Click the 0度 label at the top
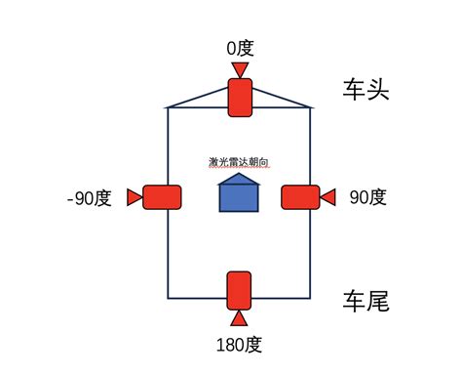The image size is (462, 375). (x=239, y=48)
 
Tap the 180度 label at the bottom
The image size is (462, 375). (x=239, y=344)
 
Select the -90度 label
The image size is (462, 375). (x=90, y=197)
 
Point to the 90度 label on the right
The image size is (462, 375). (x=367, y=197)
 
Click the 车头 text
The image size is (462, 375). (x=366, y=91)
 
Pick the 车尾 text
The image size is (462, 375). (x=366, y=301)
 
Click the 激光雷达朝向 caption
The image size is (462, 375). (x=239, y=161)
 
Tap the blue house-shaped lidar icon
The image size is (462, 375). (x=239, y=194)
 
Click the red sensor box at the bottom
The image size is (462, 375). (x=239, y=291)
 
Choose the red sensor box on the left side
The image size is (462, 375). (x=163, y=197)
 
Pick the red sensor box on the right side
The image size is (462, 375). (x=300, y=197)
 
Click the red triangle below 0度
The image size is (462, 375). (x=239, y=67)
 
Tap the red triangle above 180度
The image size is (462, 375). (x=239, y=318)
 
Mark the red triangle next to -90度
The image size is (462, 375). (x=135, y=197)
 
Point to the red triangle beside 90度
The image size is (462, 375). (x=328, y=197)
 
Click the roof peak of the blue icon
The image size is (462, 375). (x=239, y=176)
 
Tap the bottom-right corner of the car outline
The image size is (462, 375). (x=310, y=297)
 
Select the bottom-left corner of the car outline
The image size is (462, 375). (x=168, y=297)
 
